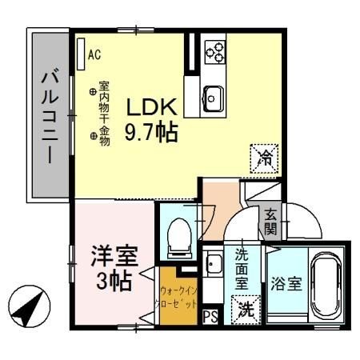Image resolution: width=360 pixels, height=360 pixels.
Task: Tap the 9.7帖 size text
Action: point(150,130)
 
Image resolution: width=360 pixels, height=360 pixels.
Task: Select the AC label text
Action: point(94,55)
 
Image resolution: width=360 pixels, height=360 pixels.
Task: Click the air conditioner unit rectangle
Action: point(80,51)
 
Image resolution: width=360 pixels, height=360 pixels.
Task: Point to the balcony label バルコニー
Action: point(49,117)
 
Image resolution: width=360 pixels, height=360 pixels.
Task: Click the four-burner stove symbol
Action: point(214,52)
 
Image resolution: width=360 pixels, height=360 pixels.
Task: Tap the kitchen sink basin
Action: point(214,98)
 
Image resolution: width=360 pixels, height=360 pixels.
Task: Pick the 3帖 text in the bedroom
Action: point(113,282)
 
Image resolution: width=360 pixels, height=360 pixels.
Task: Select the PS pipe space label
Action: point(211,317)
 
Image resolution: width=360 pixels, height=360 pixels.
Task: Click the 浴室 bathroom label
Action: point(286,283)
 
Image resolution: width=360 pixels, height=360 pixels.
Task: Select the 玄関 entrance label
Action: point(271,223)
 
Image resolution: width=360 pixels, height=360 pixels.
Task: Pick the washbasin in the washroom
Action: point(214,265)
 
